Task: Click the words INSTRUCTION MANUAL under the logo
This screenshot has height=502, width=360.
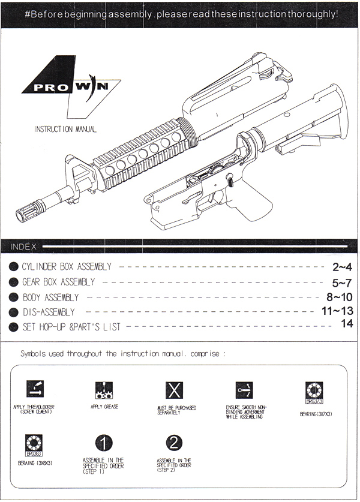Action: pos(65,130)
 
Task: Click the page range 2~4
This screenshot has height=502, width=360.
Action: pos(342,267)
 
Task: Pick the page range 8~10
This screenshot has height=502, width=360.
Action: pos(340,297)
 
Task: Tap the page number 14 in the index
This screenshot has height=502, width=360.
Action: pos(347,323)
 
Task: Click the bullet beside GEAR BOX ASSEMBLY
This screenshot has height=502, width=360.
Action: pos(13,282)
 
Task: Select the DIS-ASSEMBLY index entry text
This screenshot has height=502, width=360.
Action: pos(49,312)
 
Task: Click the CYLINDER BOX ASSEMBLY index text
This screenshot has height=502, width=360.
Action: pos(67,267)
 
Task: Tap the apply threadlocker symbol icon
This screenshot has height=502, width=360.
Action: pos(35,389)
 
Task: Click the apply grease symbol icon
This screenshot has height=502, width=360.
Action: pos(104,390)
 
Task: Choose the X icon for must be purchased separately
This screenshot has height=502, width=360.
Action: pos(174,390)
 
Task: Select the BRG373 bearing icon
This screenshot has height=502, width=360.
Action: pos(314,393)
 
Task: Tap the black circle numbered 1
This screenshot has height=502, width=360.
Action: pos(104,443)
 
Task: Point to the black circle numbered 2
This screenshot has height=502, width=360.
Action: pos(174,443)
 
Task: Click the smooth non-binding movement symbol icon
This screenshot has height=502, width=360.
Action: pos(244,390)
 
